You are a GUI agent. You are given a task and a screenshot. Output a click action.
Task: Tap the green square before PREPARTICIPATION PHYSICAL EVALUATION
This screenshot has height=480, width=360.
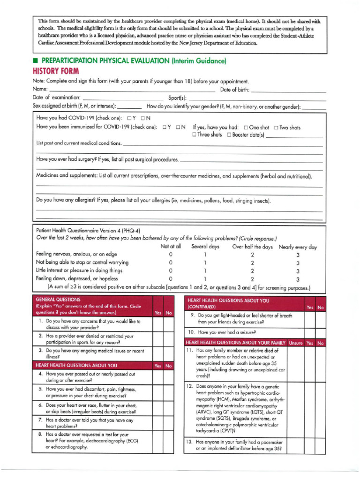[x=35, y=61]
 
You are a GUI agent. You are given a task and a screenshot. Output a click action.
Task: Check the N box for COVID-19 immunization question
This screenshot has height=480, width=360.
[x=179, y=127]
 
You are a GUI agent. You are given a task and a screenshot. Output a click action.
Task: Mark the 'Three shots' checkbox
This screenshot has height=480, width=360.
[x=194, y=135]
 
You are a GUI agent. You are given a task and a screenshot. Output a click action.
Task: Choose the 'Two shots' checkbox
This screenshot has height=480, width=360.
[x=276, y=127]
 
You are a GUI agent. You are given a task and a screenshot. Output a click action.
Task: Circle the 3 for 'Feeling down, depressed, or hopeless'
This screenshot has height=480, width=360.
[x=298, y=279]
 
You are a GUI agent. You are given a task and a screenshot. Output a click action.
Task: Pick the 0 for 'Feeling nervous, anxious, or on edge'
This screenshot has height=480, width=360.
[x=171, y=255]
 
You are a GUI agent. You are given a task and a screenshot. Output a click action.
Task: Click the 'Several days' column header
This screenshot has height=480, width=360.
[x=205, y=247]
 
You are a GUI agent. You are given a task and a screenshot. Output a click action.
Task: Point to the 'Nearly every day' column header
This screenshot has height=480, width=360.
[x=298, y=247]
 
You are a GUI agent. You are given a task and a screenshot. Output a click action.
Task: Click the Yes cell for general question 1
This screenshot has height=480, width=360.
[x=158, y=324]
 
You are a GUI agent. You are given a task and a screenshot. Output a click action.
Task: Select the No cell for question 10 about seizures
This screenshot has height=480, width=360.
[x=320, y=332]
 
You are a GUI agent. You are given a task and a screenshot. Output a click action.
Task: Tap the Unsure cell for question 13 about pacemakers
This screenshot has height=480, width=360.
[x=295, y=445]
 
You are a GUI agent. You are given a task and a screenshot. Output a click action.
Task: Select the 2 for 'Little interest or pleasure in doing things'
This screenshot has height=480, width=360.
[x=252, y=271]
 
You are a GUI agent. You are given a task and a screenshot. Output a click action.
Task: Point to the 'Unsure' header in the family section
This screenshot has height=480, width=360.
[x=295, y=343]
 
